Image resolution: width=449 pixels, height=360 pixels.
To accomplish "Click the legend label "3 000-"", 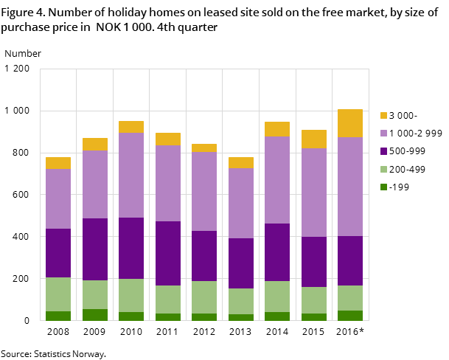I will tap(403, 116).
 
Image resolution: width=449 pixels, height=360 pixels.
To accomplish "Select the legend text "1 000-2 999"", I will tap(415, 134).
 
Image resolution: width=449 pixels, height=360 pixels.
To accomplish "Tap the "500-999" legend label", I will tap(407, 151).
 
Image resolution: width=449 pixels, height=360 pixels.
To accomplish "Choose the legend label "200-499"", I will tap(407, 170).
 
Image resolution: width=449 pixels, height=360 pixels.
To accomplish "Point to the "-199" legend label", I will tap(399, 187).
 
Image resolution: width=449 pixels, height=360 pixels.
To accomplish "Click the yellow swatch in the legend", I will tap(383, 116).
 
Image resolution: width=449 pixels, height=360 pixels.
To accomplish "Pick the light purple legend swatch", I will tap(383, 134).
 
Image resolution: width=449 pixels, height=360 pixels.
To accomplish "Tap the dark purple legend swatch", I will tap(383, 151).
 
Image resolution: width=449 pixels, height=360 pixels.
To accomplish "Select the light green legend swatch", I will tap(383, 170).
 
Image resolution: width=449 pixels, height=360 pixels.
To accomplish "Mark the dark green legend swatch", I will tap(383, 187).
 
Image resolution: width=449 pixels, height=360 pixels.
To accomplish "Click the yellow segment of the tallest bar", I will tap(350, 123).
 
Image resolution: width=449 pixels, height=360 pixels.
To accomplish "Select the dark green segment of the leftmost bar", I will tap(58, 316).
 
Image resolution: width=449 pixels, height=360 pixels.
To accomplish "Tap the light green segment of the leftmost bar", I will tap(58, 294).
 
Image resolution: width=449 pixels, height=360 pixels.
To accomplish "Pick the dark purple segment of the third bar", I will tap(131, 248).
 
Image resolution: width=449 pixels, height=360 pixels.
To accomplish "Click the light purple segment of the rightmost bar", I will tap(350, 187).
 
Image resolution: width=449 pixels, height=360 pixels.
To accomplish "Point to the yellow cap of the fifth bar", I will tap(204, 148).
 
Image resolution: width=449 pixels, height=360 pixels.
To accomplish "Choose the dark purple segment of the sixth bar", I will tap(240, 263).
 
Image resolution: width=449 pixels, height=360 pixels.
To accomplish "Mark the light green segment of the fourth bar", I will tap(168, 300).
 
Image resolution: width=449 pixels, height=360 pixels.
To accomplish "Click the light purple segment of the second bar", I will tap(95, 184).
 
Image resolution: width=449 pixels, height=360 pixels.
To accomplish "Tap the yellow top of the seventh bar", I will tap(277, 129).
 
